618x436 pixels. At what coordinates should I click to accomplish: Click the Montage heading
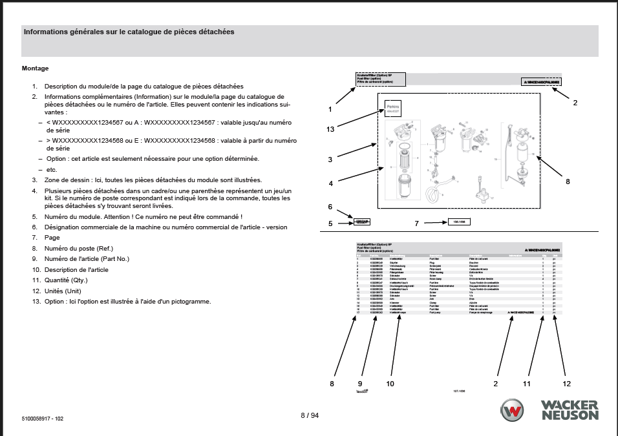(x=35, y=68)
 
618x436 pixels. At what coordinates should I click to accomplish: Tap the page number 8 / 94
(x=310, y=415)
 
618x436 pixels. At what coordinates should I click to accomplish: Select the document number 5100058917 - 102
(x=43, y=419)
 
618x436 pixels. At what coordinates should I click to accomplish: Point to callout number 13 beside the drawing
(x=330, y=129)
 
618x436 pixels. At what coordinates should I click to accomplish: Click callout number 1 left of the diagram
(x=330, y=109)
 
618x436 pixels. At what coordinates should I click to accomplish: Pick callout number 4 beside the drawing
(x=330, y=183)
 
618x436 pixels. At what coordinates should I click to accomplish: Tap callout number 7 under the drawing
(x=416, y=223)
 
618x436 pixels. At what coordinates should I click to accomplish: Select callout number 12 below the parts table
(x=566, y=384)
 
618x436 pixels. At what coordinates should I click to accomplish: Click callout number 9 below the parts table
(x=360, y=384)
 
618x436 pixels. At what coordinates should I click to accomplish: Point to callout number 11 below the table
(x=526, y=384)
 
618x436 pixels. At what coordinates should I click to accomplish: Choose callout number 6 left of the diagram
(x=330, y=207)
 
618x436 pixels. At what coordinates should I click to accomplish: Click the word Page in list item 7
(x=52, y=238)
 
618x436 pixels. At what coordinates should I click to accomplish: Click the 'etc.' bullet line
(x=52, y=169)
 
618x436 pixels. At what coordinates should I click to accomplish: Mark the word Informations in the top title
(x=48, y=32)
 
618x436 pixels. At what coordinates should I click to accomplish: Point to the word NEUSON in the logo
(x=570, y=416)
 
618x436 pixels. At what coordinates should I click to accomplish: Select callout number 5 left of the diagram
(x=330, y=223)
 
